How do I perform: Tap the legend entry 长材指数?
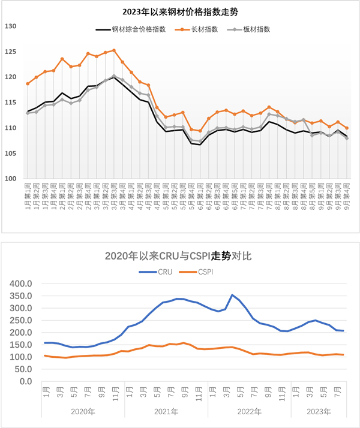198,29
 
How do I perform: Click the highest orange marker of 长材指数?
114,50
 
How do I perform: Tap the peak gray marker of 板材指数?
114,76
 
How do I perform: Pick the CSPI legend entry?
205,271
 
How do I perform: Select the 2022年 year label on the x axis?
249,411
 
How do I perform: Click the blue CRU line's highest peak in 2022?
232,295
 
